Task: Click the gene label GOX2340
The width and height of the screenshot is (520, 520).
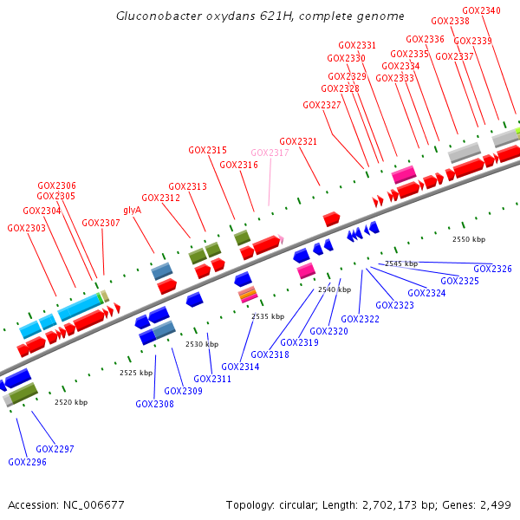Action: (x=481, y=10)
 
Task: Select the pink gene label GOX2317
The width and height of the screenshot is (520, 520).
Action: (x=270, y=153)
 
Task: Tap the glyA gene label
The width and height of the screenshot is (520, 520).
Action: (x=132, y=210)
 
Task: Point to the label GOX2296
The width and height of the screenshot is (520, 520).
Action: (x=27, y=462)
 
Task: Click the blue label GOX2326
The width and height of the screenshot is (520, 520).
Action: (x=492, y=269)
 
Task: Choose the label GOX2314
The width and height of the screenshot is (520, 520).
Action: (x=239, y=367)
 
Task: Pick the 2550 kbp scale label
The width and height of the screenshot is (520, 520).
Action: (x=469, y=238)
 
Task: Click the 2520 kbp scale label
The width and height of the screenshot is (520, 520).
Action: (x=71, y=402)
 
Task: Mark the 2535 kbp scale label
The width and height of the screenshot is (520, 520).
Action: (x=268, y=316)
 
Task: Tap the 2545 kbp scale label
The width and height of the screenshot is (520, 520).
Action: (x=401, y=263)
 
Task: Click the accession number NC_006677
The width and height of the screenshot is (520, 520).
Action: (x=95, y=504)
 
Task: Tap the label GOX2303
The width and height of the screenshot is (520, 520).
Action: (x=26, y=228)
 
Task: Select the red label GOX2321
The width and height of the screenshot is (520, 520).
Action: (x=298, y=141)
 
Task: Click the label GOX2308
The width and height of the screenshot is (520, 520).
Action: (x=154, y=403)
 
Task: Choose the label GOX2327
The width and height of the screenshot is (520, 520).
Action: (x=322, y=105)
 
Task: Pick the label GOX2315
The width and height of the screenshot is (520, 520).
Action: (x=207, y=150)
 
